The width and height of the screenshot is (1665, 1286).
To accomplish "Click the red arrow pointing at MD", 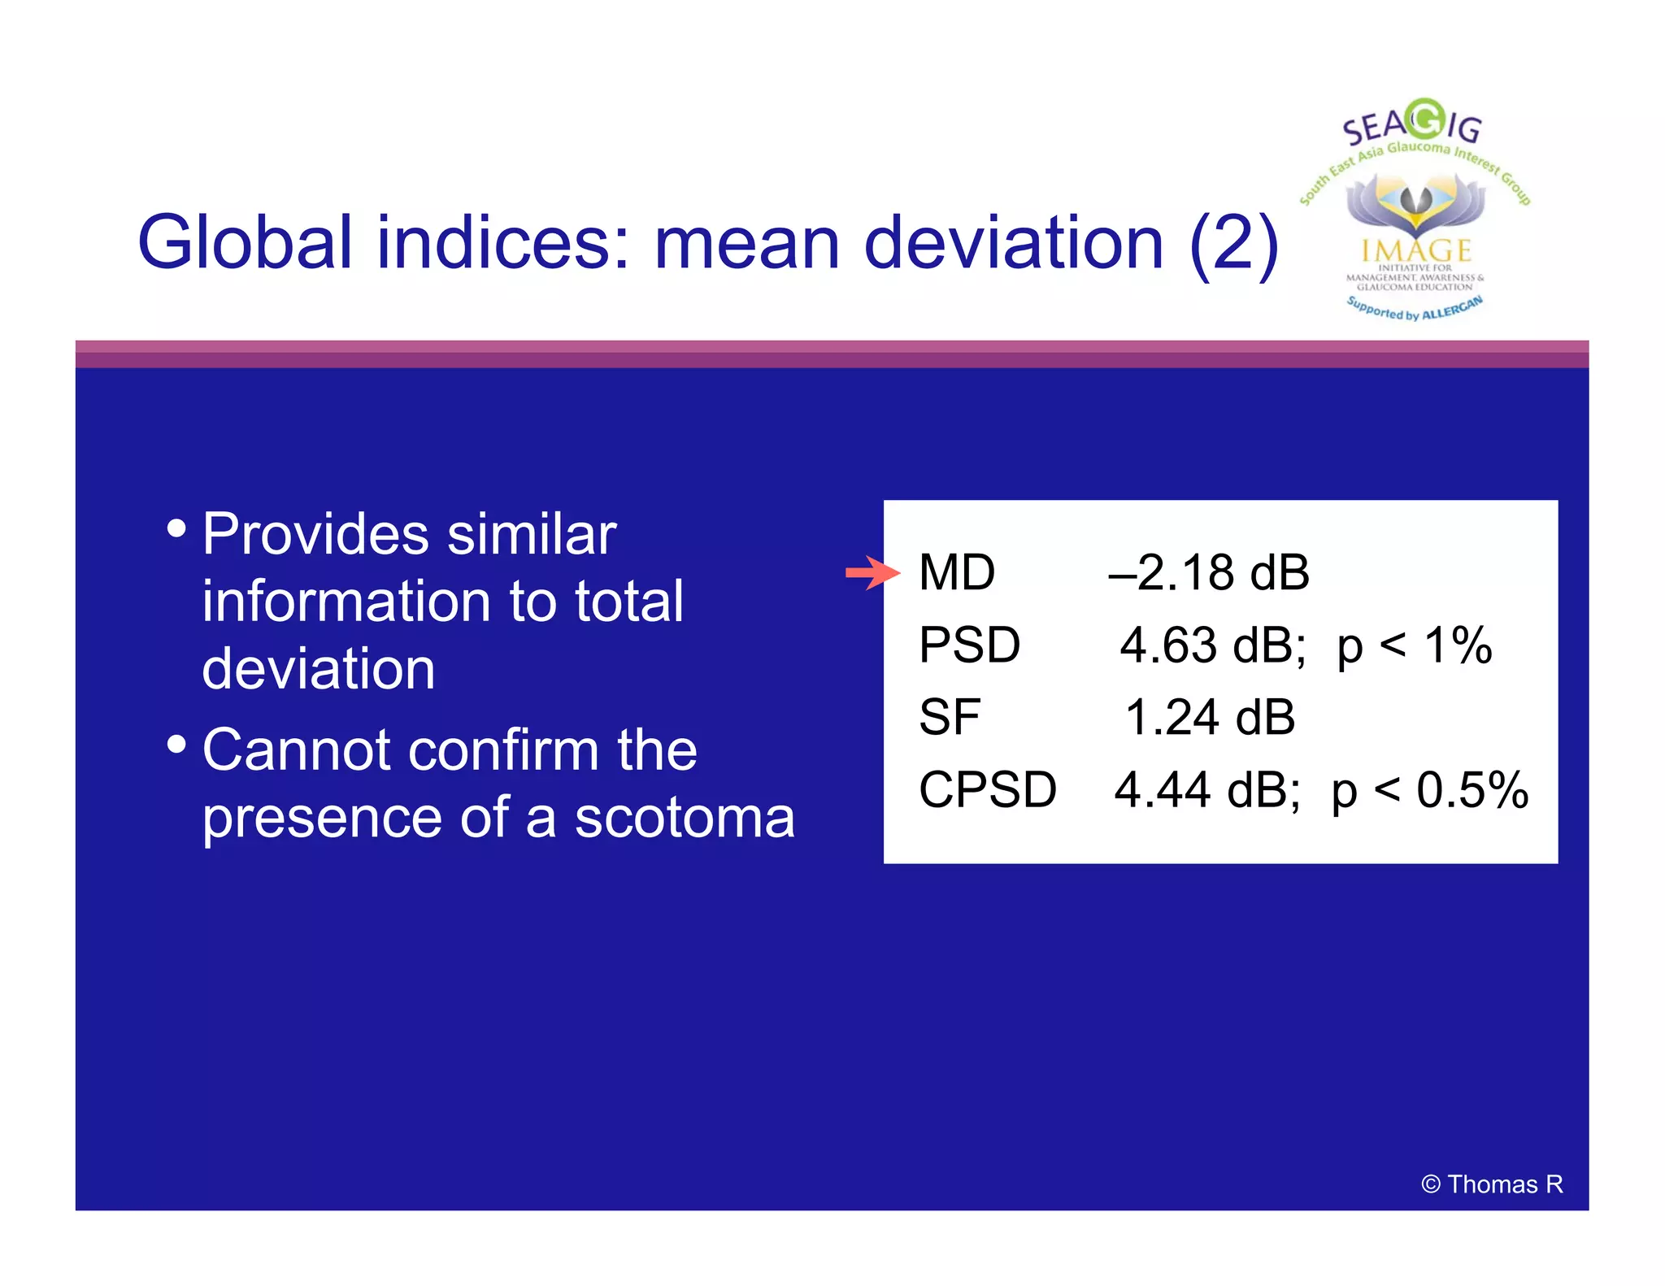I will pyautogui.click(x=872, y=573).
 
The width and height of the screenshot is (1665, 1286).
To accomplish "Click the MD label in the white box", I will pyautogui.click(x=956, y=572).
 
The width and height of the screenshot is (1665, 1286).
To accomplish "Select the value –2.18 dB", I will pyautogui.click(x=1208, y=572).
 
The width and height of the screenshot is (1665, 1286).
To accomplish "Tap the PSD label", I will pyautogui.click(x=969, y=645).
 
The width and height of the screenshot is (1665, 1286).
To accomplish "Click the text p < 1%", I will pyautogui.click(x=1415, y=645).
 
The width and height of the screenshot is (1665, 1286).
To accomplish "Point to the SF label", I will pyautogui.click(x=949, y=718).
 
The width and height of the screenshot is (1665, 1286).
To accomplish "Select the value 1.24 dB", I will pyautogui.click(x=1209, y=718).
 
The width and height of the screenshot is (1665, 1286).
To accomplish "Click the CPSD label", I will pyautogui.click(x=987, y=789).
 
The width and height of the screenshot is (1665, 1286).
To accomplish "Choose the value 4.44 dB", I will pyautogui.click(x=1206, y=789).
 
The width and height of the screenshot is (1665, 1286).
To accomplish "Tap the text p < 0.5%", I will pyautogui.click(x=1429, y=789).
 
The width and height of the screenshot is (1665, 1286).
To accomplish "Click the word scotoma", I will pyautogui.click(x=685, y=818).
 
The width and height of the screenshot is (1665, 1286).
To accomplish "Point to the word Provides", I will pyautogui.click(x=315, y=535).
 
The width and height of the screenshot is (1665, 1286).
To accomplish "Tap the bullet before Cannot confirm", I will pyautogui.click(x=176, y=744).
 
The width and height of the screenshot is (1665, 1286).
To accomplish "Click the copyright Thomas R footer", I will pyautogui.click(x=1492, y=1184).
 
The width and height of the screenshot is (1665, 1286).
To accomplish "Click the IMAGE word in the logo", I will pyautogui.click(x=1416, y=250).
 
